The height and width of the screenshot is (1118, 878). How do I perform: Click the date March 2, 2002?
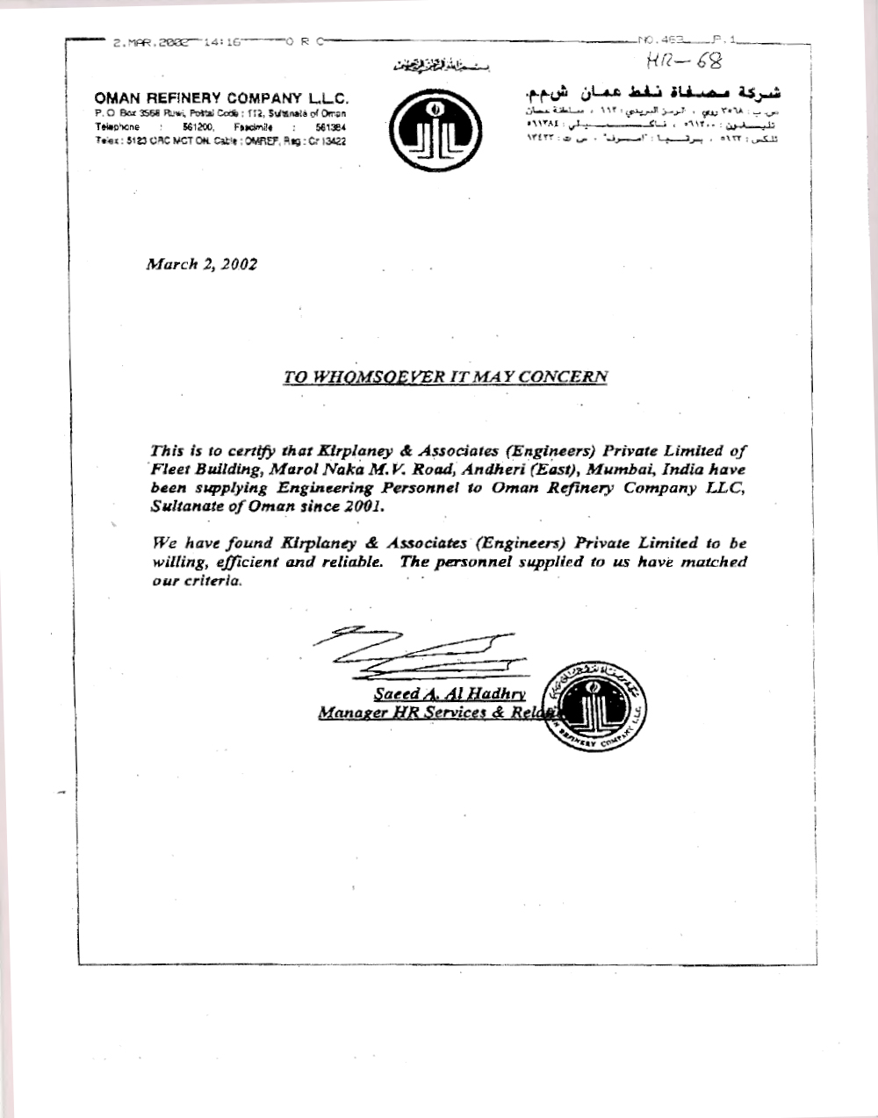point(201,263)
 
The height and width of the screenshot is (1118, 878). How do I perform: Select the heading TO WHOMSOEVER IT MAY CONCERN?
point(445,376)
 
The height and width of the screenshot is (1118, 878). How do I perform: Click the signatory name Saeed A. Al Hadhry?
point(450,693)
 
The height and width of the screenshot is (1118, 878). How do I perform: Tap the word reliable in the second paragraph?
point(351,562)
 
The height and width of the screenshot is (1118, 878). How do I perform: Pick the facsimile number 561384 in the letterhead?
point(331,127)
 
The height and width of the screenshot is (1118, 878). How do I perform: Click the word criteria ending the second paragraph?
point(209,581)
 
